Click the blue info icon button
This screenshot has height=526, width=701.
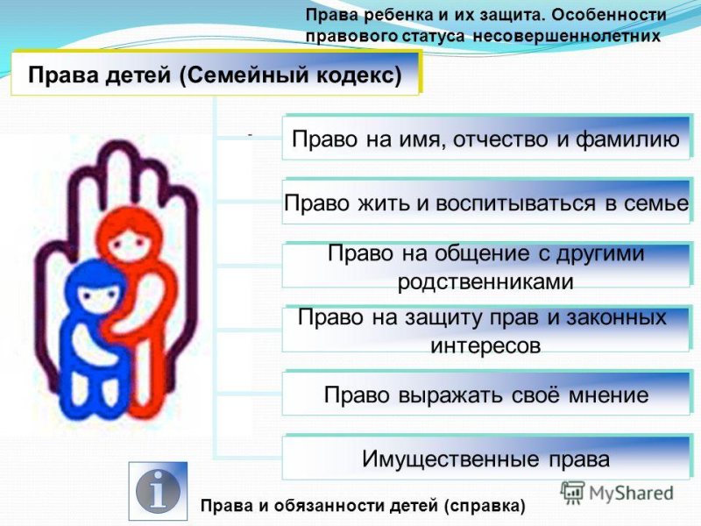coord(158,491)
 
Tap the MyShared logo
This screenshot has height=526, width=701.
coord(617,493)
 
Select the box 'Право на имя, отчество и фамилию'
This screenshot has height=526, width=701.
coord(485,139)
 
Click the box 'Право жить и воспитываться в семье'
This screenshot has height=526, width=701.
coord(485,203)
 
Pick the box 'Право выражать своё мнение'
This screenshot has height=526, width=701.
coord(485,394)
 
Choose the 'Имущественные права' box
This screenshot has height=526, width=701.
coord(485,458)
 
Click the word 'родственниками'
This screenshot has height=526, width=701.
coord(485,281)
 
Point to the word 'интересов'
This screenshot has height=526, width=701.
coord(485,345)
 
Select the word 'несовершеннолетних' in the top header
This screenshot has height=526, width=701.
coord(566,36)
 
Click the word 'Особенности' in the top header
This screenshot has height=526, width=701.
coord(608,15)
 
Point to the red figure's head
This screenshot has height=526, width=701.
coord(130,235)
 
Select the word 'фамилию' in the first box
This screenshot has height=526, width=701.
coord(627,139)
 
